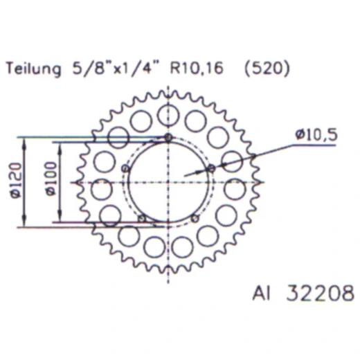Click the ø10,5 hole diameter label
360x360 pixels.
point(316,136)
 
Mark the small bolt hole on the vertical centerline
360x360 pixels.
point(168,138)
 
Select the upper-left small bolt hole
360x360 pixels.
point(125,168)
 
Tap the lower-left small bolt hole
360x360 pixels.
point(142,219)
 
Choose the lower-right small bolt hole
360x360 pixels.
point(195,219)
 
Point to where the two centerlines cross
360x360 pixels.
point(168,182)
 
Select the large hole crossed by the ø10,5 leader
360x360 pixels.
point(232,161)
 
